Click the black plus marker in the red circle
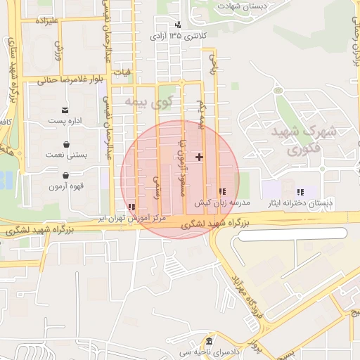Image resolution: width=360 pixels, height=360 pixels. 200,157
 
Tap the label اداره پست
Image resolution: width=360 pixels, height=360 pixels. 65,121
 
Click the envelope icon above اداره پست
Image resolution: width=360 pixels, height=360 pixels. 65,110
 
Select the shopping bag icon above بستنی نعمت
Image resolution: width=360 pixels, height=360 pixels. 65,145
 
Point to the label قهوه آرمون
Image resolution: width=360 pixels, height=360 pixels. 66,186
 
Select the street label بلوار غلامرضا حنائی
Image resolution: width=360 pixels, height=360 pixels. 67,79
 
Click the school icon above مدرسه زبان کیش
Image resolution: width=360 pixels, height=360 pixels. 222,191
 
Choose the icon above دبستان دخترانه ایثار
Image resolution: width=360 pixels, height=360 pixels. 301,191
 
